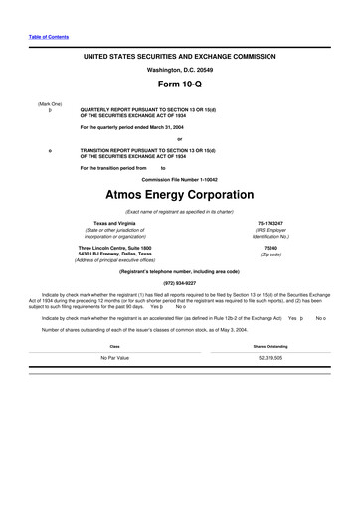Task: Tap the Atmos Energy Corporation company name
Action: (x=179, y=195)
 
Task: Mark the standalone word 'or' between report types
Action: (x=179, y=139)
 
